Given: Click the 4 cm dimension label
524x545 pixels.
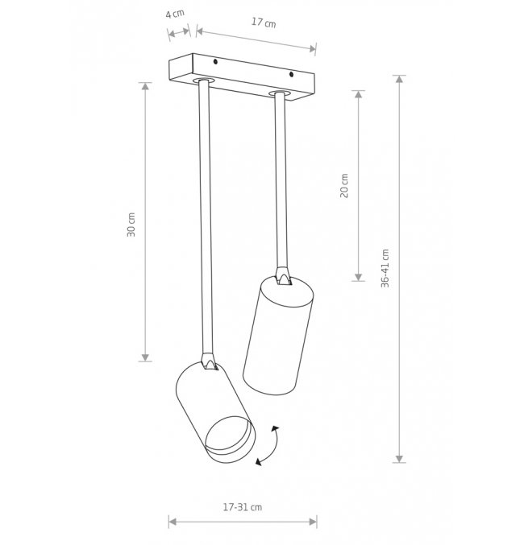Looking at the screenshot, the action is tap(175, 14).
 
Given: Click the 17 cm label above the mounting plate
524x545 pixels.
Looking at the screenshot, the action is tap(264, 23).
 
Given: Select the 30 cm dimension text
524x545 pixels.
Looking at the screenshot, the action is tap(131, 225).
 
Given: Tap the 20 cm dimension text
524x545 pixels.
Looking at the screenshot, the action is tap(344, 186).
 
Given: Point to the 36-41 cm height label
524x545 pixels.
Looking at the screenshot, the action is tap(385, 268).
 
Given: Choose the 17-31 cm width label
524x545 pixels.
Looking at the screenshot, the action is tap(243, 507).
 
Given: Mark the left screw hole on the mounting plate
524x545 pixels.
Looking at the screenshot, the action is tap(215, 62).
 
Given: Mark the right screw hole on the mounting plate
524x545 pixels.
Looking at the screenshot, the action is tap(291, 74).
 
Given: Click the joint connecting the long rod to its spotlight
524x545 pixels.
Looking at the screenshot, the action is tap(210, 361).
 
